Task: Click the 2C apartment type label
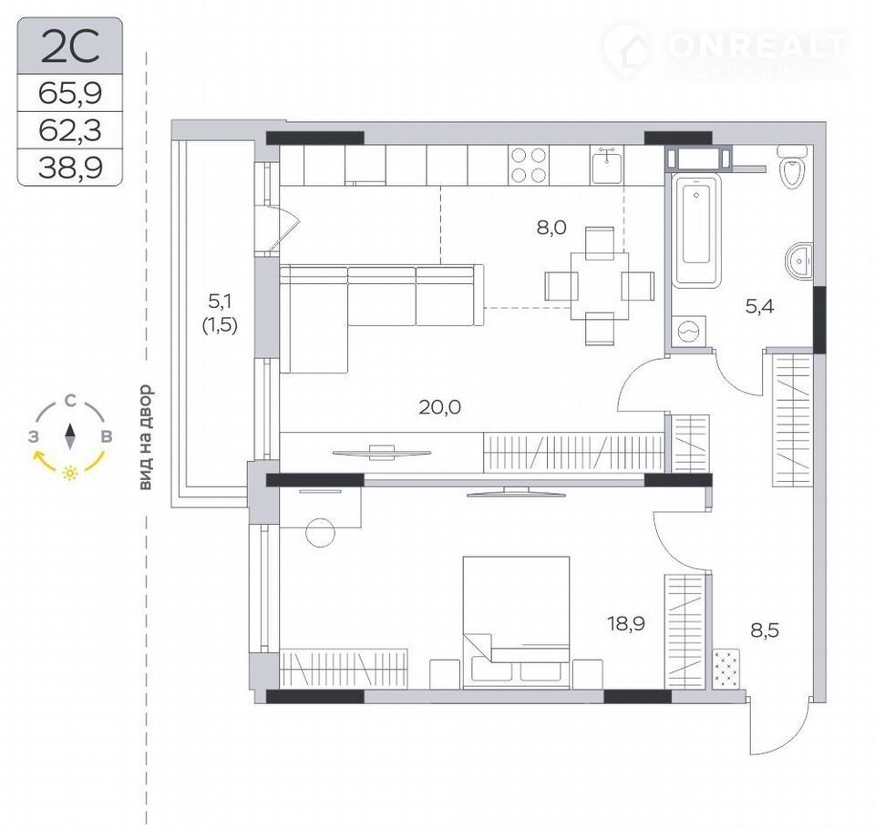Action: coord(70,47)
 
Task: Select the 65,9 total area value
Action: coord(70,93)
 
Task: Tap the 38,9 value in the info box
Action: coord(70,167)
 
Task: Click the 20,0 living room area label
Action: coord(439,407)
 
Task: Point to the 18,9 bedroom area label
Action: coord(626,622)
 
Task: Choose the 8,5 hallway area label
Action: coord(765,630)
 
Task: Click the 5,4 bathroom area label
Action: coord(759,306)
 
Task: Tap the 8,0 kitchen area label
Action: coord(551,227)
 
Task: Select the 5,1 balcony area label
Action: coord(220,302)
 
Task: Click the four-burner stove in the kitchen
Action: coord(529,165)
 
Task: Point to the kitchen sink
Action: coord(607,166)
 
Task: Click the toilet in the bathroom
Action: coord(792,166)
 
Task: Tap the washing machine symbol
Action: coord(689,332)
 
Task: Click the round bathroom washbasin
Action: coord(799,261)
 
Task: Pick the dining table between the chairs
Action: coord(600,286)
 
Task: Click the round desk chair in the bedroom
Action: coord(320,532)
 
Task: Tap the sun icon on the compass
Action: coord(70,473)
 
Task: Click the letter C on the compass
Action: coord(70,400)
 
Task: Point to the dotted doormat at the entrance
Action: coord(726,668)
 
